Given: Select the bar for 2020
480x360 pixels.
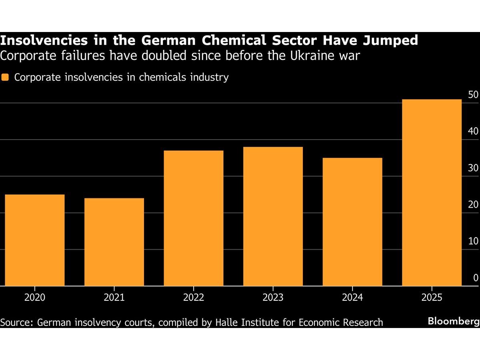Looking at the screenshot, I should (x=34, y=240).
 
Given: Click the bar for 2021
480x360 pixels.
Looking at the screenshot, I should (x=114, y=242).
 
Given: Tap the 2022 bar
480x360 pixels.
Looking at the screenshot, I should (x=194, y=218).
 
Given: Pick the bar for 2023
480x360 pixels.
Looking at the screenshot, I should (x=273, y=216).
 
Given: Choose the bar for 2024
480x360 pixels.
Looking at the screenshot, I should (x=352, y=222).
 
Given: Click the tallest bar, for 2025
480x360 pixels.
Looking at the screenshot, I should (x=432, y=192).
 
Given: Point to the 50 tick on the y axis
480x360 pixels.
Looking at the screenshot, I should (x=473, y=95).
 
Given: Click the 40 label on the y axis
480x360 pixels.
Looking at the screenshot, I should (x=473, y=131).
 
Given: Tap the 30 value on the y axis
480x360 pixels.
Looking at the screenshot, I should (x=473, y=168).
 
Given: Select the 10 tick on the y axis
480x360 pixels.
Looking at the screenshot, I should (x=473, y=241).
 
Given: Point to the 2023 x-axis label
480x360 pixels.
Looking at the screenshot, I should (x=273, y=298).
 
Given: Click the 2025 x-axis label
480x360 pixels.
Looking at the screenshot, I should (x=432, y=298).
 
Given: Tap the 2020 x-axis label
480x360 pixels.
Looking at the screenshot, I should (x=34, y=298).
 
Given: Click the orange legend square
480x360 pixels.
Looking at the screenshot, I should (x=5, y=77).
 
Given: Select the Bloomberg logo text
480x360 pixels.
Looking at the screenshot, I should (x=453, y=321).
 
